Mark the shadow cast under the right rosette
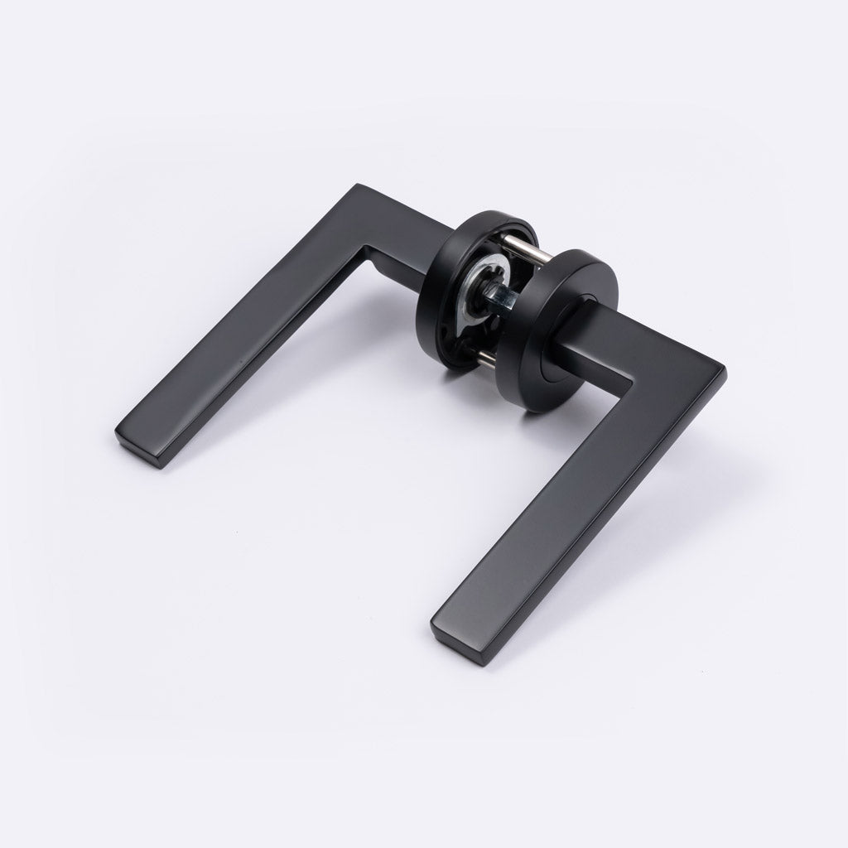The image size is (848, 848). tap(530, 418)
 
